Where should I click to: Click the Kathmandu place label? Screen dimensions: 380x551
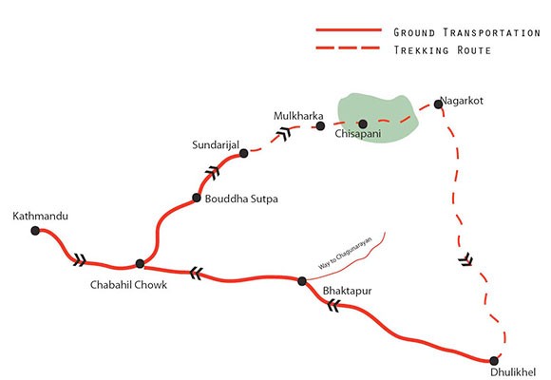[x=41, y=217]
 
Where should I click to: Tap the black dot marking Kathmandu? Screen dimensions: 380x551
[x=35, y=230]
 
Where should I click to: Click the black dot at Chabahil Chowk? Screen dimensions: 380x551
[x=140, y=263]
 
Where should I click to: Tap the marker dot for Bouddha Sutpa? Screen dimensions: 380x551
[x=196, y=198]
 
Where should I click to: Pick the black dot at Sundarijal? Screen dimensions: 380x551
[x=244, y=153]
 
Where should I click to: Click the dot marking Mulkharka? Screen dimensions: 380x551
[x=320, y=125]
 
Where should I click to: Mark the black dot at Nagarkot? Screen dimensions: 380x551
[x=438, y=104]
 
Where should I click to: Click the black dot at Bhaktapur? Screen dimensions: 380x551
[x=302, y=280]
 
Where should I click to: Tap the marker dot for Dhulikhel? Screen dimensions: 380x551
[x=494, y=360]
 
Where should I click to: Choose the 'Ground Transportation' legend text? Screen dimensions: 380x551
[x=466, y=32]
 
